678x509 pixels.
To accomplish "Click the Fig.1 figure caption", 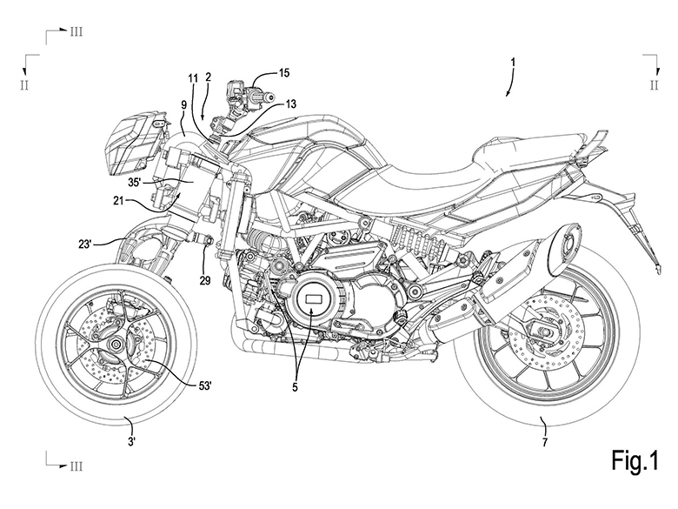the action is [x=635, y=459].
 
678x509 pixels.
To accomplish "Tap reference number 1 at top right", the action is [x=513, y=63].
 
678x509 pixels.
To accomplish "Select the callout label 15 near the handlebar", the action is [x=283, y=73].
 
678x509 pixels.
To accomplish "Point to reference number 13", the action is [x=290, y=104].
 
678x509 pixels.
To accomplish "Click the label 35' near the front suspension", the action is [x=135, y=182].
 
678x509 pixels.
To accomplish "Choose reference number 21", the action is [x=119, y=200].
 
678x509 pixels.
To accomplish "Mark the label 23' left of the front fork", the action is [x=85, y=244].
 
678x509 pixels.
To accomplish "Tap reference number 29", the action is [x=205, y=280].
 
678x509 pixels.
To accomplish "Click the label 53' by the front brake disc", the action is [x=204, y=385].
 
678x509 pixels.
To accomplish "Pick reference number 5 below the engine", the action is [x=295, y=387].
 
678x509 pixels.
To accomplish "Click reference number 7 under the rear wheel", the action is [x=544, y=442].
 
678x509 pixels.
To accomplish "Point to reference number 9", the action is [x=183, y=104].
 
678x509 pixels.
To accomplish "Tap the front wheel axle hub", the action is [x=116, y=344].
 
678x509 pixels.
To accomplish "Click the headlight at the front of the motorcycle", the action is [x=130, y=142].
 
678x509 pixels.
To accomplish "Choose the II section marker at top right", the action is [x=654, y=85].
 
